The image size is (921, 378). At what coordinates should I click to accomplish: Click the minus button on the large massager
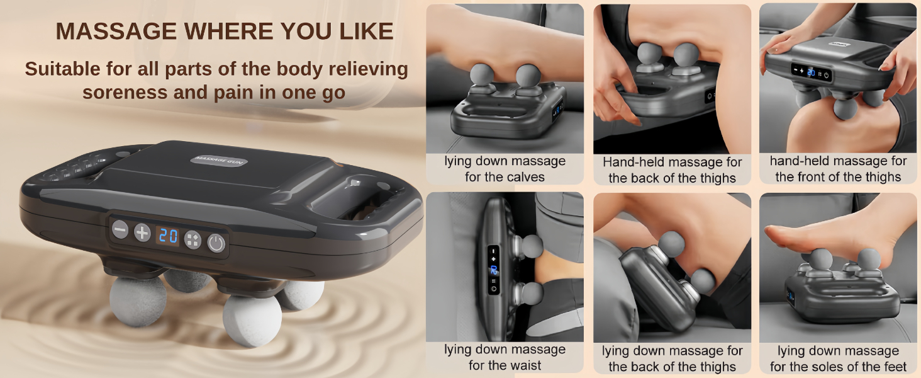pos(120,229)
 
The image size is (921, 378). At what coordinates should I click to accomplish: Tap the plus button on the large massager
pos(143,232)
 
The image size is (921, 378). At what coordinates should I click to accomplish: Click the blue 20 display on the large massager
pos(168,237)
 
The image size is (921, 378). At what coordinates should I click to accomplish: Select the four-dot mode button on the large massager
pos(193,240)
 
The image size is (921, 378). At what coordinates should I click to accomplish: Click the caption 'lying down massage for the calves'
pos(505,169)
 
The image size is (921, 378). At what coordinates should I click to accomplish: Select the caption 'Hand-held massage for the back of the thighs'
pos(672,170)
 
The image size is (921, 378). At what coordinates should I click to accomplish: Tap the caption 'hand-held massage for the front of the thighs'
pos(838,169)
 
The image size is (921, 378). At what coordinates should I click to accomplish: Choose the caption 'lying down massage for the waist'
pos(505,357)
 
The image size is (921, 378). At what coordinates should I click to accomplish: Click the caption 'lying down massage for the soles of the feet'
pos(838,358)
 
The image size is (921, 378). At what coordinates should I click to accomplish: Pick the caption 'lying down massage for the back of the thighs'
pos(672,358)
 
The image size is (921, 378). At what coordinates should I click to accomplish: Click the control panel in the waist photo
pos(494,270)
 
